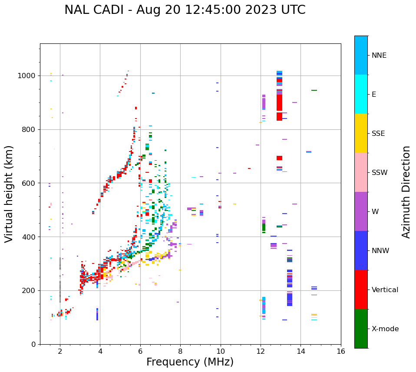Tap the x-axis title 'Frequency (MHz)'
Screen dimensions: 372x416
190,362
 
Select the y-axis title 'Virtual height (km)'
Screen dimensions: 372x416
9,194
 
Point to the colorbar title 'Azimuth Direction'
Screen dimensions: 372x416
406,192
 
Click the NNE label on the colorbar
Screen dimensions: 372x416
379,56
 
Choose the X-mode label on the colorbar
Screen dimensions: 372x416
385,329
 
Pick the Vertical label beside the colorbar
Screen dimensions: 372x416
385,290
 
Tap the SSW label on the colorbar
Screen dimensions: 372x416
380,173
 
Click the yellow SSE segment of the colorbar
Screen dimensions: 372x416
361,133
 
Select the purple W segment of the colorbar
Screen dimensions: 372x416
361,211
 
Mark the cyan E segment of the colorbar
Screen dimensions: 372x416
361,94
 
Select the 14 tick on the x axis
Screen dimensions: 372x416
300,351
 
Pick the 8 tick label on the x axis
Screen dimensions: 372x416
180,351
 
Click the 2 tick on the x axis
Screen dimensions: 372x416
60,351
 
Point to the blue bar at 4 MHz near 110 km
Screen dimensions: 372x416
97,314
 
